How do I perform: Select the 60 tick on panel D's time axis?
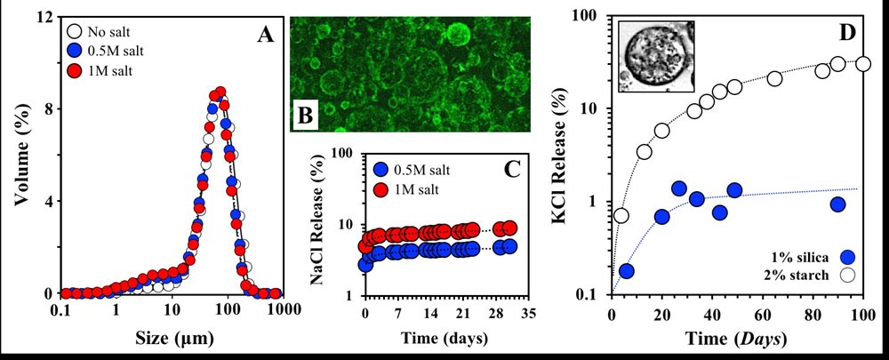pos(762,315)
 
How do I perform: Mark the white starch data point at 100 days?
pos(862,64)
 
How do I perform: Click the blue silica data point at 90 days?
pos(837,204)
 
